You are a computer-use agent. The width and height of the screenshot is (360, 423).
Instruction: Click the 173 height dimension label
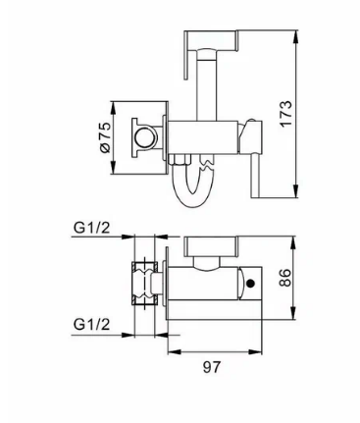[x=285, y=114]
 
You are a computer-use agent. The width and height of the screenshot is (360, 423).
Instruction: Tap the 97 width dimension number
[x=212, y=367]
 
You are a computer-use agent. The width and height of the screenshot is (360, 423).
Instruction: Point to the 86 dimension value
[x=285, y=278]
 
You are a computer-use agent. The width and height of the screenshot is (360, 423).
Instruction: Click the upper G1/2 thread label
[x=92, y=228]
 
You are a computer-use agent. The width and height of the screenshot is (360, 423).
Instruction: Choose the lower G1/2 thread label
[x=92, y=324]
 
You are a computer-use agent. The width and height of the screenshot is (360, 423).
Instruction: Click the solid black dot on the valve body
[x=251, y=284]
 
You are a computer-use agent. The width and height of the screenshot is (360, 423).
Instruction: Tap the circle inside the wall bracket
[x=144, y=137]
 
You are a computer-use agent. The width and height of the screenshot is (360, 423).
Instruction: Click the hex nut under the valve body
[x=179, y=160]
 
